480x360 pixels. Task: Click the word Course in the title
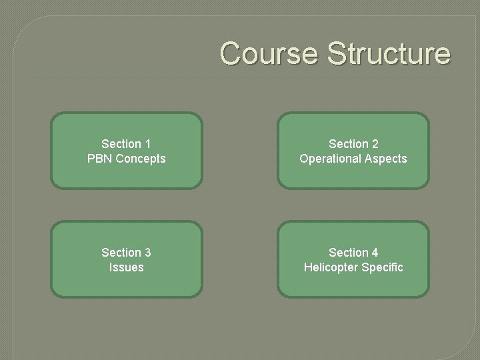coord(270,53)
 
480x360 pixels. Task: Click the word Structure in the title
coord(388,53)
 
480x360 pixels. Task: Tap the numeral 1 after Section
coord(147,143)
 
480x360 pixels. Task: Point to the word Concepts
coord(140,159)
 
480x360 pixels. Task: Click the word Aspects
coord(385,159)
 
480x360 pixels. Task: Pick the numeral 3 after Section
coord(147,252)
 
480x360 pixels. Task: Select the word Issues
coord(127,267)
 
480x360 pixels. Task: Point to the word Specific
coord(383,267)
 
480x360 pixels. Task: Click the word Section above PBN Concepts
coord(121,143)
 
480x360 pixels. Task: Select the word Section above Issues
coord(121,252)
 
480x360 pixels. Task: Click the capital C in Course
coord(231,53)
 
